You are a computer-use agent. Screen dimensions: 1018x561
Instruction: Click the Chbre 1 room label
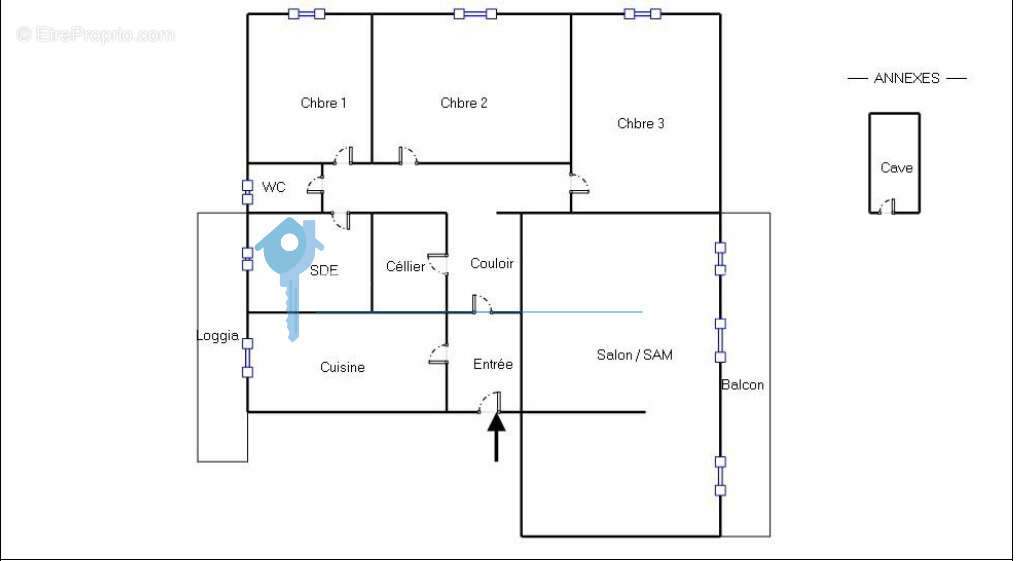[x=323, y=103]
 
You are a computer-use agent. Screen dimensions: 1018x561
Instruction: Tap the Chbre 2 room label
[x=464, y=103]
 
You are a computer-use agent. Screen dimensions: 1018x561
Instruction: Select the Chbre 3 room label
[x=641, y=123]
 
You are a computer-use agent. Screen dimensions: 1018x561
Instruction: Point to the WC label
[x=273, y=187]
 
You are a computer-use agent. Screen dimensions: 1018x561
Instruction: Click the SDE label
[x=324, y=271]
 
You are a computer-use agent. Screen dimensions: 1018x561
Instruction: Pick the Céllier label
[x=405, y=266]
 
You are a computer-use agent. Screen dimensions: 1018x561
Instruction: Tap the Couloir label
[x=491, y=263]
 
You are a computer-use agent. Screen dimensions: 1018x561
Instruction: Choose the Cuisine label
[x=342, y=368]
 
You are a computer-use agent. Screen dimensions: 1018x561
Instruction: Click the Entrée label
[x=493, y=364]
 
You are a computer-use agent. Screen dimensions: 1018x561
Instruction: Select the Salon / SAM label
[x=634, y=355]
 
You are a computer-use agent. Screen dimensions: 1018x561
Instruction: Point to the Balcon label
[x=742, y=384]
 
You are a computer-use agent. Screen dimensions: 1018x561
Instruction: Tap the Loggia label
[x=217, y=336]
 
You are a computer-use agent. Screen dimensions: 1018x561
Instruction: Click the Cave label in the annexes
[x=896, y=168]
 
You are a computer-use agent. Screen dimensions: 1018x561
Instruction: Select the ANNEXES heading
[x=906, y=78]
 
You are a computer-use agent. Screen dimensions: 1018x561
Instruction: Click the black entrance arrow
[x=496, y=436]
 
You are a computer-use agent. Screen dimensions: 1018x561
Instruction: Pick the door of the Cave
[x=888, y=206]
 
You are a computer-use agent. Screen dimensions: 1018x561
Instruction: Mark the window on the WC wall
[x=247, y=192]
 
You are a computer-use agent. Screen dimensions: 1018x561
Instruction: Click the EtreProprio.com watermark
[x=95, y=34]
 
